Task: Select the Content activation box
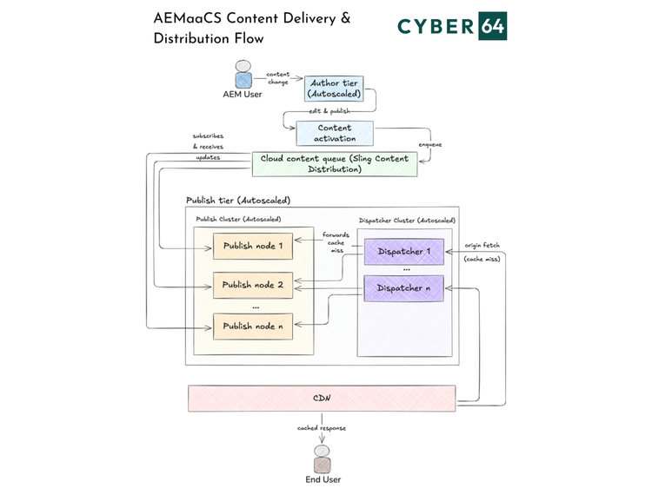335,133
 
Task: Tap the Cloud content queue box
335,163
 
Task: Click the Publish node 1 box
253,246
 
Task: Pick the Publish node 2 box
253,285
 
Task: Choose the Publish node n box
253,326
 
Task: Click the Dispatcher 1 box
404,252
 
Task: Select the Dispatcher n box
404,287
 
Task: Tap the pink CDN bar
322,399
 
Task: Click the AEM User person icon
243,74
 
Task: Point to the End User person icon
323,459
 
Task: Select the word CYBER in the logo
436,27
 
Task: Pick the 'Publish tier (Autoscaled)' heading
237,201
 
